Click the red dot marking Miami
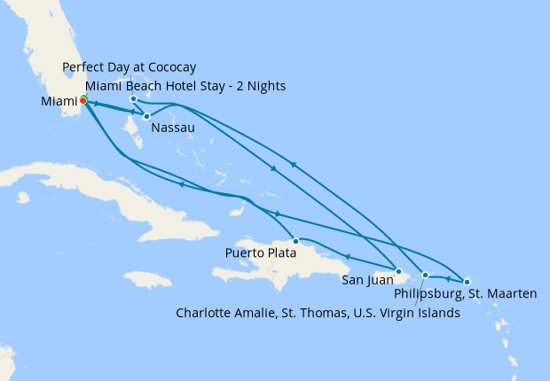point(82,100)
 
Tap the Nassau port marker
point(146,116)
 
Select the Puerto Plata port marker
point(295,241)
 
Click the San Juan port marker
point(399,272)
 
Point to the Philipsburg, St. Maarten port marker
point(467,282)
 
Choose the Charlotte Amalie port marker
point(425,275)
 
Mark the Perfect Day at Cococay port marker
point(133,98)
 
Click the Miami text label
point(59,103)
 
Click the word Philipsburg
point(426,294)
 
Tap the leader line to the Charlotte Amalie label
point(419,291)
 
